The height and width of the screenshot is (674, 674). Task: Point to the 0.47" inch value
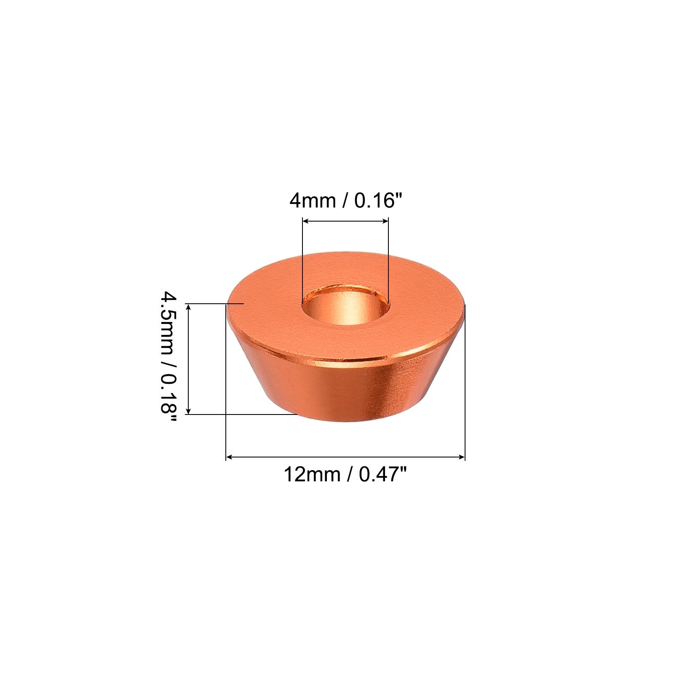click(x=382, y=475)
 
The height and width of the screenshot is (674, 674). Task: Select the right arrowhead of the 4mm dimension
click(x=384, y=221)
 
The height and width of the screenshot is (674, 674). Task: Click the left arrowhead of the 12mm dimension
click(x=230, y=457)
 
